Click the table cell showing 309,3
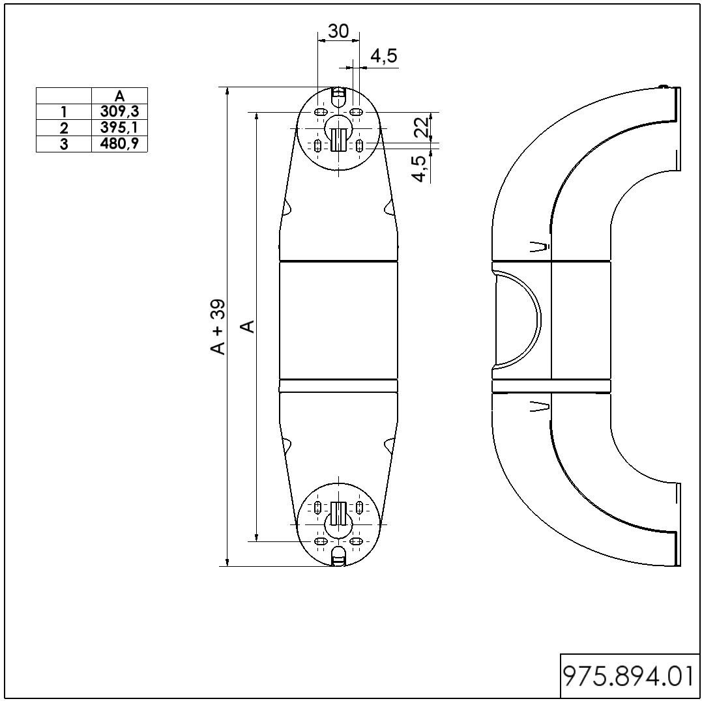[x=119, y=111]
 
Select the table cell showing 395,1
[x=119, y=128]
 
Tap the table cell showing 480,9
[x=119, y=144]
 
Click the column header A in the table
[x=119, y=96]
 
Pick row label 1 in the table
[x=64, y=112]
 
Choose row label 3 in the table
[x=64, y=144]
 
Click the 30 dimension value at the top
[x=338, y=31]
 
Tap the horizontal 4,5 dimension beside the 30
[x=384, y=56]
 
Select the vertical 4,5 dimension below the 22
[x=420, y=169]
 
